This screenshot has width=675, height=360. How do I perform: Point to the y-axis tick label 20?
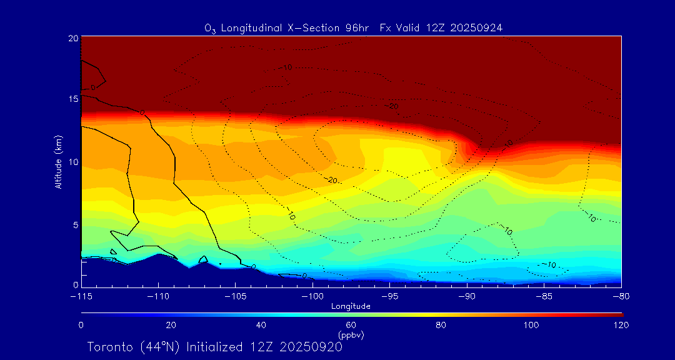click(x=72, y=38)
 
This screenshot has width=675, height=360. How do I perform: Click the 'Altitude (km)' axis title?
click(x=58, y=162)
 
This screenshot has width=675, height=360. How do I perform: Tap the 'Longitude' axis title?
click(x=351, y=306)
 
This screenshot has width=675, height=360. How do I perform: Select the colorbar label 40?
click(x=261, y=325)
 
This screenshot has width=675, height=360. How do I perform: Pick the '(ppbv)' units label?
click(x=351, y=335)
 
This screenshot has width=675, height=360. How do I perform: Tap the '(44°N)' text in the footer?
click(x=160, y=347)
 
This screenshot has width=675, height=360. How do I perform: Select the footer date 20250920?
click(x=311, y=347)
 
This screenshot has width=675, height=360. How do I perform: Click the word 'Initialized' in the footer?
click(x=216, y=347)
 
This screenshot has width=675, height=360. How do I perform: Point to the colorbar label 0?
click(x=81, y=325)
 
